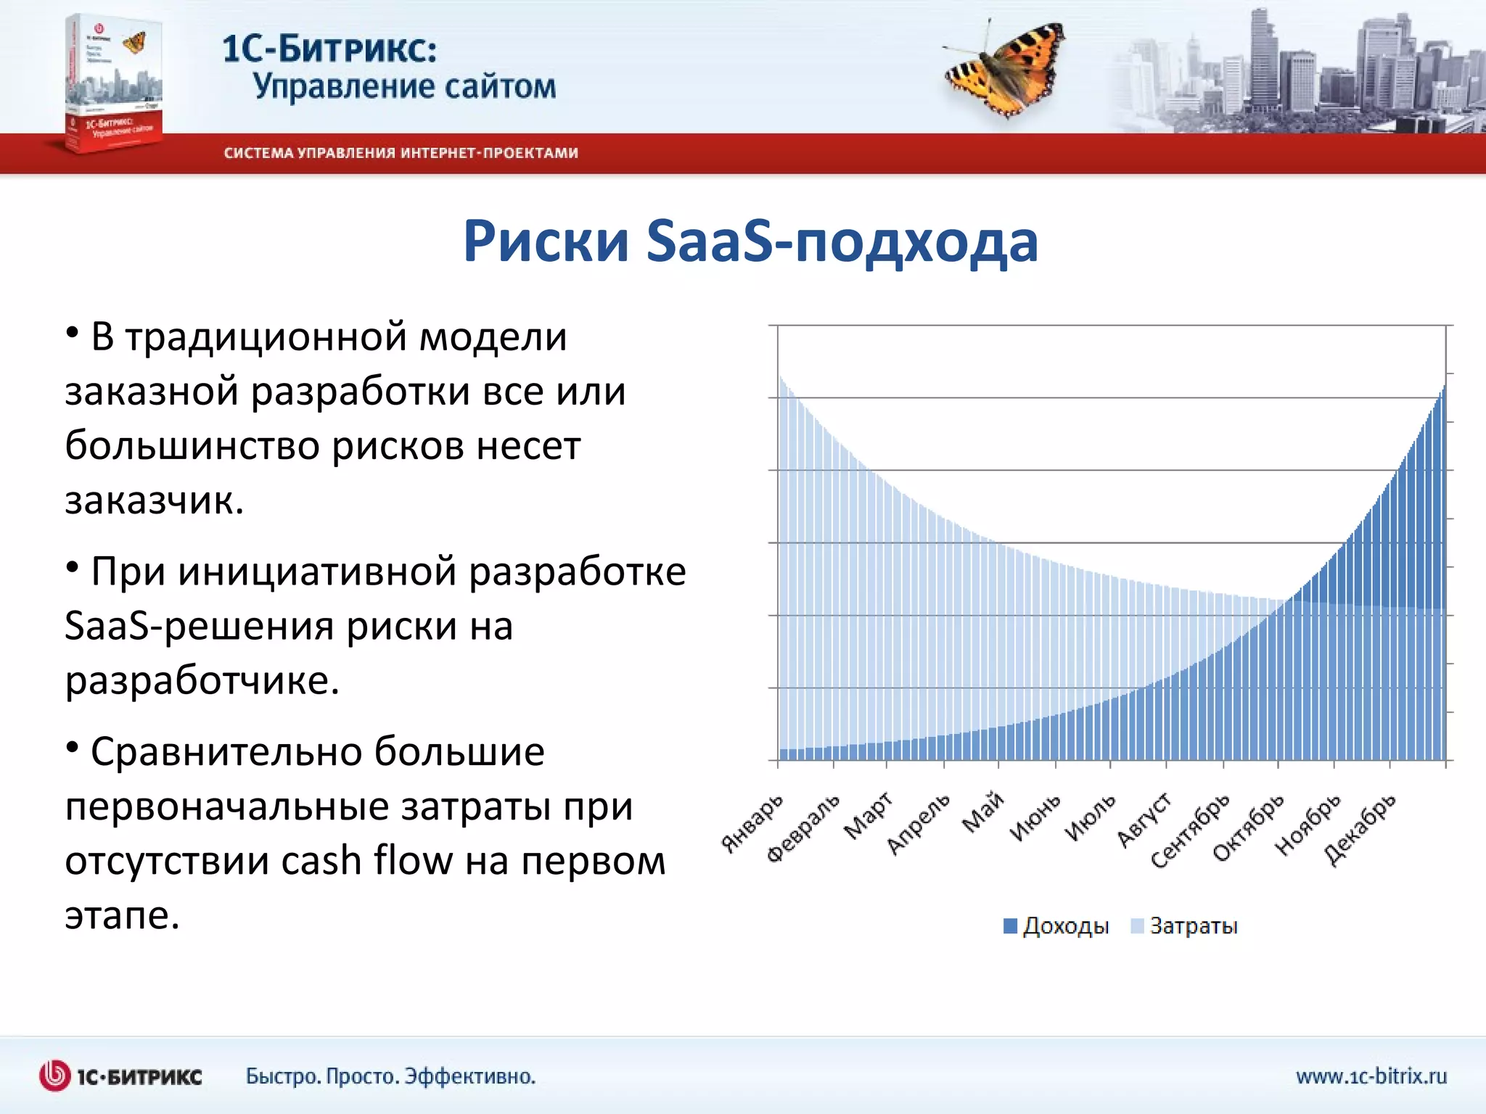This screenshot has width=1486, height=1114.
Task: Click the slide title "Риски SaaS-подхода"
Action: point(750,242)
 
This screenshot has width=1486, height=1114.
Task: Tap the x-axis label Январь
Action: point(753,822)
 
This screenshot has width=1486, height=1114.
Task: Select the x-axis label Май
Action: point(984,812)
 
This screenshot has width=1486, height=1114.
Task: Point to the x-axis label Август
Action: point(1144,820)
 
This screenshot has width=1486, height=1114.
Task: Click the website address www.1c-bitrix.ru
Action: point(1371,1076)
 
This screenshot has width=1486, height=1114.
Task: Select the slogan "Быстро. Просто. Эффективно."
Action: point(390,1076)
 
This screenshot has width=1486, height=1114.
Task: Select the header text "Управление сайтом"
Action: point(404,86)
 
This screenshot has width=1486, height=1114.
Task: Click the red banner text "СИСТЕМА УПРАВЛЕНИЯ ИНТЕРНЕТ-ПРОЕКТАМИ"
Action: point(401,153)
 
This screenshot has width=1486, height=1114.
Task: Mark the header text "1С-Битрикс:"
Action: point(329,49)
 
